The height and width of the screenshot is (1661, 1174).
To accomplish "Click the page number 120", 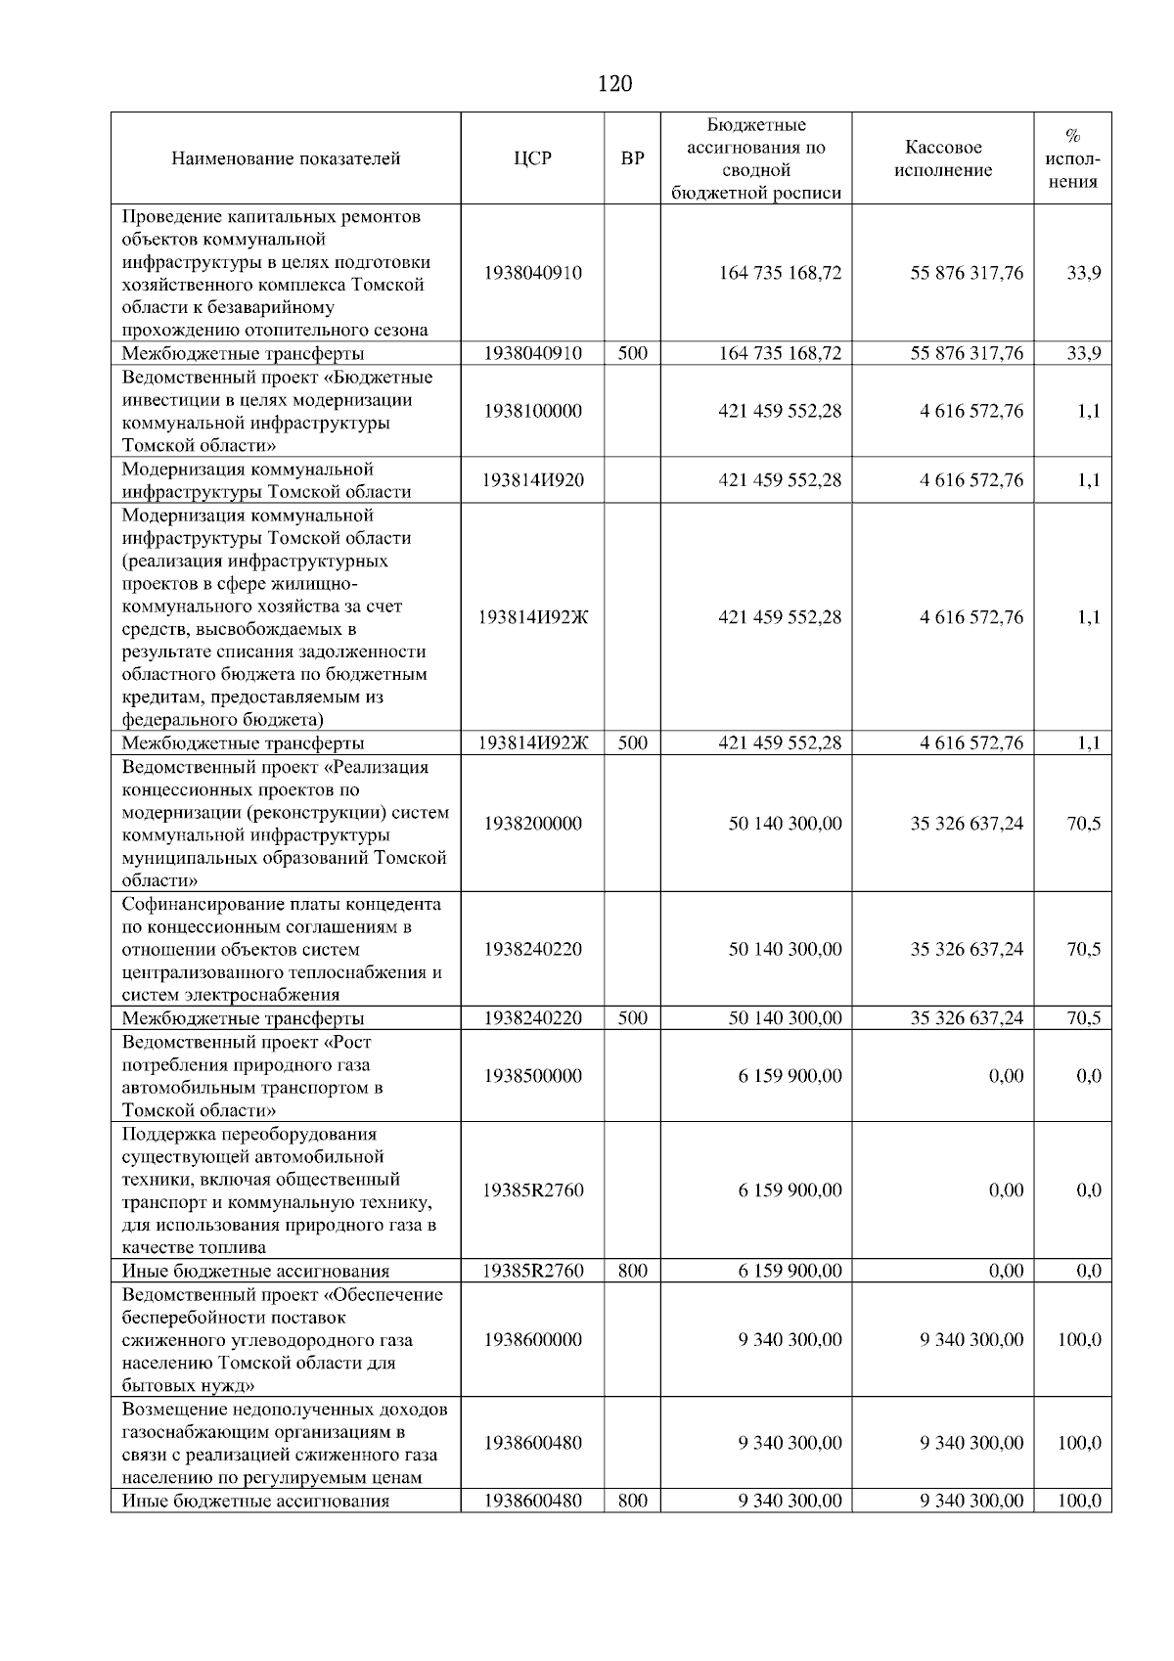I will click(x=614, y=84).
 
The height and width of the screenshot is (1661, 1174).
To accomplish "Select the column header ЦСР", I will click(x=532, y=158).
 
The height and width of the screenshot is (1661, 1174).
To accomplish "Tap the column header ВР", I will click(x=632, y=158).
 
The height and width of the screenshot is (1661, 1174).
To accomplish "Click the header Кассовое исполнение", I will click(x=943, y=158).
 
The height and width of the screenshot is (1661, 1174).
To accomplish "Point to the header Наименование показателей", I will click(x=286, y=158).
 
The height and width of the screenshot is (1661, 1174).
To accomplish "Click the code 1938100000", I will click(x=532, y=411).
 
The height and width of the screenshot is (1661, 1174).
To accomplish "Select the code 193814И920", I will click(x=532, y=479).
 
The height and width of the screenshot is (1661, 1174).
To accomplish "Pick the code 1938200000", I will click(x=532, y=824).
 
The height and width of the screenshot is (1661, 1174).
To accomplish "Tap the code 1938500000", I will click(x=532, y=1076).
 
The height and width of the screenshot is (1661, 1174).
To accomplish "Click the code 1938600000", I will click(x=532, y=1339).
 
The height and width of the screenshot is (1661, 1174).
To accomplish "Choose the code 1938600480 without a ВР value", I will click(x=532, y=1443).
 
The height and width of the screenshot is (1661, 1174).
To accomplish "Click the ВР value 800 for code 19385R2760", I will click(x=632, y=1271).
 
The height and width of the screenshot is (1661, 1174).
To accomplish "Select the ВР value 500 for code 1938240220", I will click(x=632, y=1018).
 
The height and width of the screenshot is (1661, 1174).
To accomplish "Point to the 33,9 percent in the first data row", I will click(x=1083, y=273).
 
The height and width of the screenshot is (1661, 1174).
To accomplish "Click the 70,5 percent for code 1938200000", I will click(x=1083, y=824).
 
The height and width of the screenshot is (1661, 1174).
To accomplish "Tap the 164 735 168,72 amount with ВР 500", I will click(x=780, y=353).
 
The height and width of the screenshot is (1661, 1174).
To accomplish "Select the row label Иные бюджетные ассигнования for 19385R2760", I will click(x=255, y=1271).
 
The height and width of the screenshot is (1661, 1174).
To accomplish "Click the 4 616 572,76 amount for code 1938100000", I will click(x=971, y=411).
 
